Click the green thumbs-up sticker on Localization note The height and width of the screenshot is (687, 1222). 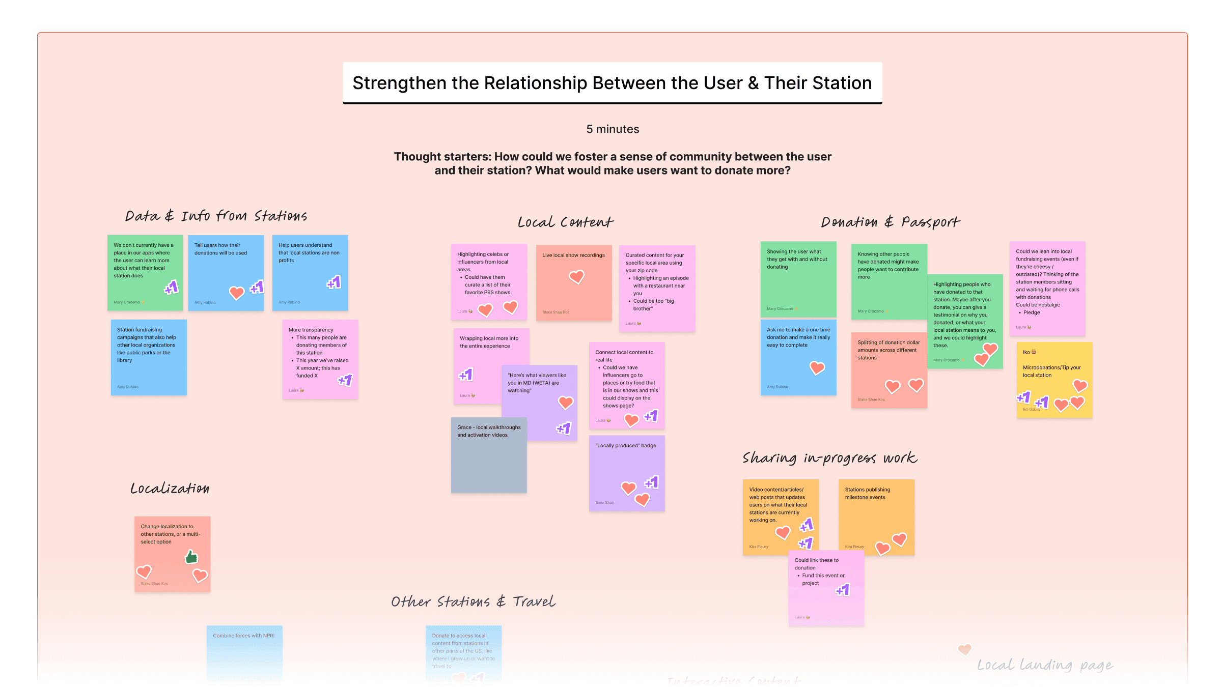click(191, 557)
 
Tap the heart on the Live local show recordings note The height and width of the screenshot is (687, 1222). click(576, 277)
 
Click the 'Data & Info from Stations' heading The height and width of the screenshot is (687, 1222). click(216, 216)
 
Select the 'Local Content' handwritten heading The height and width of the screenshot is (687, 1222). click(565, 222)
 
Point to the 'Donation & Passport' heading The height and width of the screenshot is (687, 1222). click(890, 222)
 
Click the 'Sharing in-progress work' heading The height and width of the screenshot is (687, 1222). click(829, 458)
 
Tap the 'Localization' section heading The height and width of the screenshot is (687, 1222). click(170, 489)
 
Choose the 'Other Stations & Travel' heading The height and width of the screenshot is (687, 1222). click(473, 602)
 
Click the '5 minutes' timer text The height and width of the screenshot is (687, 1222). click(613, 129)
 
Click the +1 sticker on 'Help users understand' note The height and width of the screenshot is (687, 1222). click(334, 282)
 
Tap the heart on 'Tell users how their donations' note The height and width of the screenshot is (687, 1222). click(236, 293)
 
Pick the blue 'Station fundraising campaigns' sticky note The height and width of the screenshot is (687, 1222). click(149, 357)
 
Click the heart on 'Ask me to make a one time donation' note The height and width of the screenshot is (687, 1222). click(817, 367)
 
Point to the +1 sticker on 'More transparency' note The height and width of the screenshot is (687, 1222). click(345, 380)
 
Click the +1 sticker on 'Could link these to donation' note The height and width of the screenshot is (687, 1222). click(843, 590)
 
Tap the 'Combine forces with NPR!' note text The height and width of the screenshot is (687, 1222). click(243, 636)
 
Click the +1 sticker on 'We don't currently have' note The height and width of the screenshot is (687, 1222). click(172, 288)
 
